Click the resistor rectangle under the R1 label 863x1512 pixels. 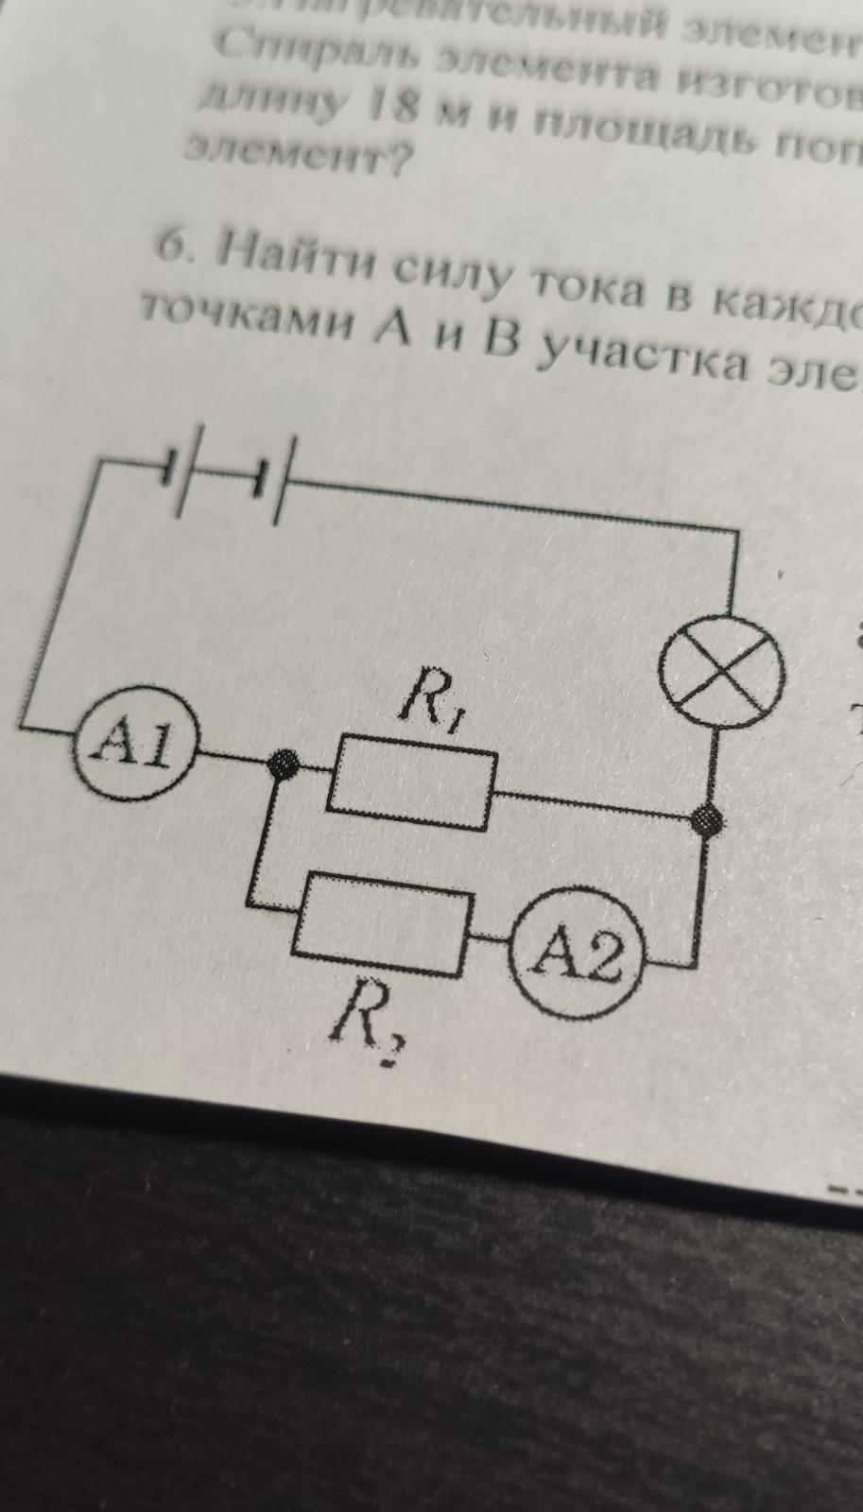click(411, 781)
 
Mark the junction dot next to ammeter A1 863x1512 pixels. click(281, 763)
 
